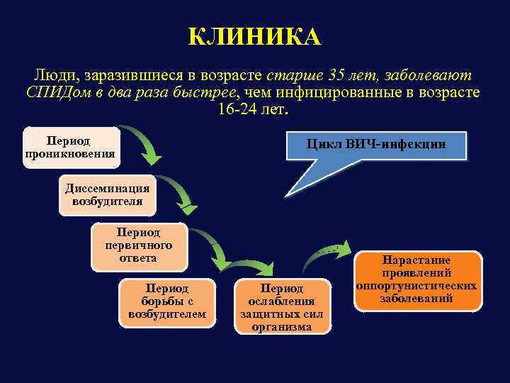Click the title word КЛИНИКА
point(254,36)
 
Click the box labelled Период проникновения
point(70,148)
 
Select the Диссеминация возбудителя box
point(107,194)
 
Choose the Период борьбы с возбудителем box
point(167,302)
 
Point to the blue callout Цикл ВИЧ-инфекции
point(375,145)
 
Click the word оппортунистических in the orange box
point(416,286)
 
